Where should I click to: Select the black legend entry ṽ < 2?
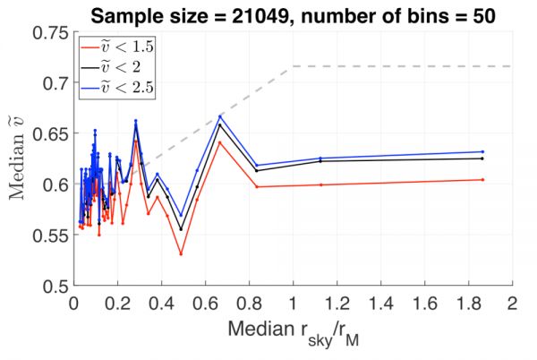(117, 64)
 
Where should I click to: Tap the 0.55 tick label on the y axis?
(50, 236)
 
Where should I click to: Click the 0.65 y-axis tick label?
(50, 134)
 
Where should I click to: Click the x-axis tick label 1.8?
(467, 304)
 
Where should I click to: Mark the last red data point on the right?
(482, 180)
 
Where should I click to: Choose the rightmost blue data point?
(482, 151)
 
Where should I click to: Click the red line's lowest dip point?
(181, 254)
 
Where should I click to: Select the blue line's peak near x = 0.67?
(219, 116)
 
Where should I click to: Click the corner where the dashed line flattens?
(292, 66)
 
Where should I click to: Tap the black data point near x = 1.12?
(320, 161)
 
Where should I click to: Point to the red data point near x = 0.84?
(257, 186)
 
